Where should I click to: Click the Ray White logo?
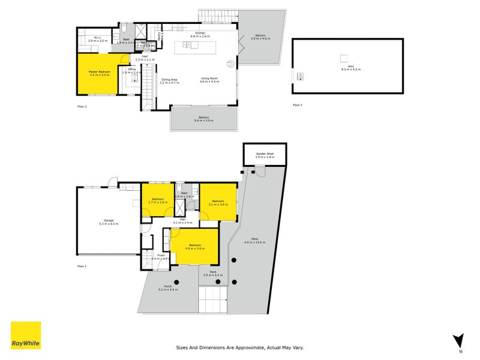click(x=26, y=335)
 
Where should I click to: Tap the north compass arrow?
click(x=459, y=340)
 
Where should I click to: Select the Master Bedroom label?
click(x=100, y=71)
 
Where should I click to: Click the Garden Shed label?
click(x=265, y=154)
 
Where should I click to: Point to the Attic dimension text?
click(x=347, y=69)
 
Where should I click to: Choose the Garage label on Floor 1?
click(x=109, y=221)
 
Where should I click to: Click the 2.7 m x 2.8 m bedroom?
click(x=158, y=201)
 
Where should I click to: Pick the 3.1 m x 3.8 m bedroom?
click(x=217, y=203)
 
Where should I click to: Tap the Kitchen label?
click(x=200, y=33)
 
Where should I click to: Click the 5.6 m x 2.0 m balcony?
click(x=203, y=119)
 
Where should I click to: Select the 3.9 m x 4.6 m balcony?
click(x=260, y=36)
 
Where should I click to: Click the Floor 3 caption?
click(x=298, y=105)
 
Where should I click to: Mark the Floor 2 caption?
click(x=82, y=106)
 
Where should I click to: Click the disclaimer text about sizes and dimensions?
click(x=239, y=346)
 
